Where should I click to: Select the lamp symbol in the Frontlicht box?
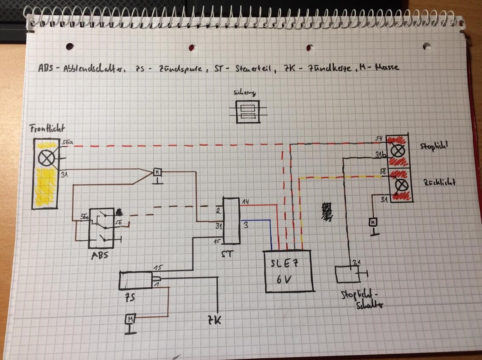coord(45,158)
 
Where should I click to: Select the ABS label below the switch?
coord(100,256)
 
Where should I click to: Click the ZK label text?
coord(215,319)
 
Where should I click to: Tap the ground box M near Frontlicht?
coord(157,172)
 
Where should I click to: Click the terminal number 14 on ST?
coord(245,202)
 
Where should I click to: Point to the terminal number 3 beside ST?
coord(245,226)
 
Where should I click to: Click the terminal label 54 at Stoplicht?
coord(379,139)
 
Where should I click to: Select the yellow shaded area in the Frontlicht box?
coord(45,187)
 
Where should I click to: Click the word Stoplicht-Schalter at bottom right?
coord(361,299)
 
